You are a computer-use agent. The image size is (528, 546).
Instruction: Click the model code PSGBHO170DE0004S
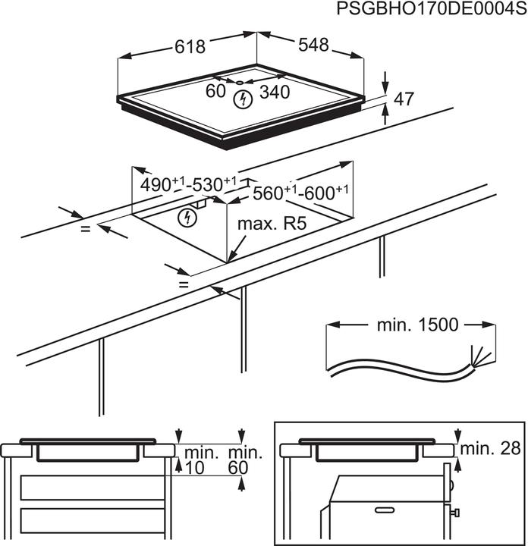(432, 8)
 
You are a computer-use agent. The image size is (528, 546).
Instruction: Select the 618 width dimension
(190, 47)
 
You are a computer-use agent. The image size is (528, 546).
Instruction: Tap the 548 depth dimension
(313, 45)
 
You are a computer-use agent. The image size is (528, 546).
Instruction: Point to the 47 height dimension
(404, 99)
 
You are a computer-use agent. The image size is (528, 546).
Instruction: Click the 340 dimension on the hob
(275, 93)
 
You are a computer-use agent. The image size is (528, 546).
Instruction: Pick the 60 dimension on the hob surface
(215, 91)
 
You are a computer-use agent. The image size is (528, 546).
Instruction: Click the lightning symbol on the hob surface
(243, 99)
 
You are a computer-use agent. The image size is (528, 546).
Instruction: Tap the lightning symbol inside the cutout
(187, 218)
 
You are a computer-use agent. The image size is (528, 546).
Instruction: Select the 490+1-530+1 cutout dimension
(188, 184)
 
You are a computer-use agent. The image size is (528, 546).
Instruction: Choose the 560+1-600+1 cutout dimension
(300, 193)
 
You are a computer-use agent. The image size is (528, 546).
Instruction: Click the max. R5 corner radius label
(272, 224)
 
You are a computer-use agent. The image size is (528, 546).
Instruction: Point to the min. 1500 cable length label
(417, 325)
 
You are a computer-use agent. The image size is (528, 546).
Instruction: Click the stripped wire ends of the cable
(481, 356)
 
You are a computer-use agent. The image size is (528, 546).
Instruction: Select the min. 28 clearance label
(490, 448)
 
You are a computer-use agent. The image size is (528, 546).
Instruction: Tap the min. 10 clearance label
(199, 460)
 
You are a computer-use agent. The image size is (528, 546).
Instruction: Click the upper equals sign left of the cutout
(86, 229)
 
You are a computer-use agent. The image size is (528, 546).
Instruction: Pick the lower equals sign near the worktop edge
(184, 284)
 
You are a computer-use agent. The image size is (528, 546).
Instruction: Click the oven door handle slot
(385, 510)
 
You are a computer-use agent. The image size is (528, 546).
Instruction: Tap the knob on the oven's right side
(455, 513)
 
